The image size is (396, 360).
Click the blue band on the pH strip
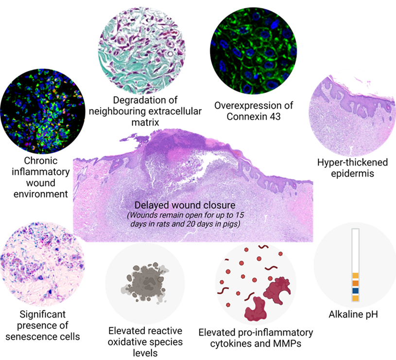point(355,291)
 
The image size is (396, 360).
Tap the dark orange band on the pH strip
point(355,283)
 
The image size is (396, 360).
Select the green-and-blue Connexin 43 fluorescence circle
point(253,51)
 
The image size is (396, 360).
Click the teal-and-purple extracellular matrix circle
point(142,50)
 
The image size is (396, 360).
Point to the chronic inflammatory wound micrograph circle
point(43,111)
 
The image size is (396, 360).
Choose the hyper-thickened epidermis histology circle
point(353,113)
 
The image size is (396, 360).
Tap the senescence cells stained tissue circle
point(42,264)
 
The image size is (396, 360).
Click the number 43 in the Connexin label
point(275,117)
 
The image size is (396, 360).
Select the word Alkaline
point(344,314)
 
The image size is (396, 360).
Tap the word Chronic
point(41,161)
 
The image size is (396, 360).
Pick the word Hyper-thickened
point(352,162)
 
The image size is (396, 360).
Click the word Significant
point(42,314)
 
